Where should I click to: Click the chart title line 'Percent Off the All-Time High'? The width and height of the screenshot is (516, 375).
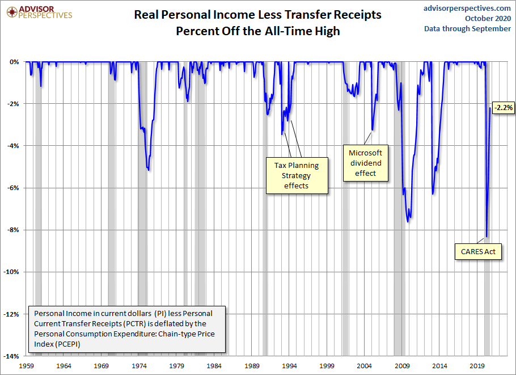[257, 31]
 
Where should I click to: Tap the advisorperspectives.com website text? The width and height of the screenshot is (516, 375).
[467, 8]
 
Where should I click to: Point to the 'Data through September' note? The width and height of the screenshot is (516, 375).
[467, 28]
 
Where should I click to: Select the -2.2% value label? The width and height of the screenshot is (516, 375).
[503, 107]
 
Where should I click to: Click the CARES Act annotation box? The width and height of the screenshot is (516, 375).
[479, 251]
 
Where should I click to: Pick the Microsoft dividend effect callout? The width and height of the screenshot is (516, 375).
[366, 163]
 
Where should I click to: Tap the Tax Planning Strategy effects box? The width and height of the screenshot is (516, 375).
[297, 175]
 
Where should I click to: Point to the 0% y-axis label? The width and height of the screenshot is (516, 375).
[15, 62]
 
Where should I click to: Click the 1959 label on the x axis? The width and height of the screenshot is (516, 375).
[27, 366]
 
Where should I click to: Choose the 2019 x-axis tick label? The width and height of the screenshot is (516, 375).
[477, 366]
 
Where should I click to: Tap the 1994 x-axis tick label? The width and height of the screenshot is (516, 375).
[290, 366]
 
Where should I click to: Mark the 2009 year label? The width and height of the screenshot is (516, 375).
[402, 366]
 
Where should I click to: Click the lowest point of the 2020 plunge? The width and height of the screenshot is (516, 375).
[487, 237]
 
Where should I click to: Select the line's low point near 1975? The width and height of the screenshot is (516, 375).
[148, 170]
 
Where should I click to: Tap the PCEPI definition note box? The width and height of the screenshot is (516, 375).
[128, 328]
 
